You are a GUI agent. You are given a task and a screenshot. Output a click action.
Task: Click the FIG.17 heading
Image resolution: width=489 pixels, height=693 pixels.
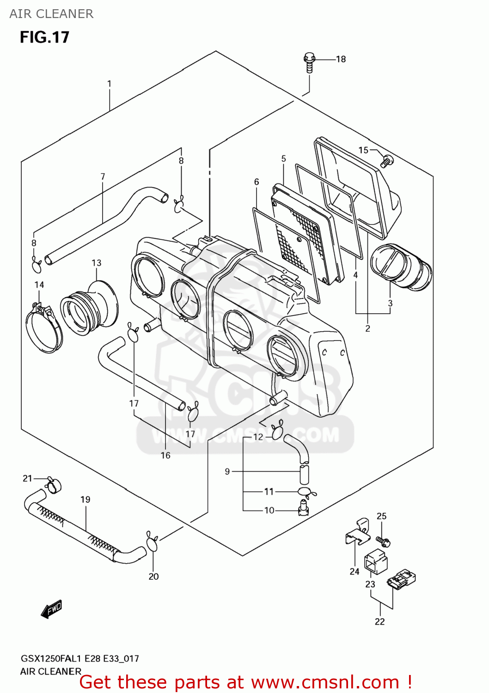pos(44,37)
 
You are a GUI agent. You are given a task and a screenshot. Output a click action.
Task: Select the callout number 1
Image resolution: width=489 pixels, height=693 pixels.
pos(109,84)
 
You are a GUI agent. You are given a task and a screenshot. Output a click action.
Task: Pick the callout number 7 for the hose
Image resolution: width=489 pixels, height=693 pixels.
pos(103,176)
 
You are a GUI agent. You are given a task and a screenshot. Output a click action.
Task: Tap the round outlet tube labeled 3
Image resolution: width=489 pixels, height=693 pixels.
pos(401,267)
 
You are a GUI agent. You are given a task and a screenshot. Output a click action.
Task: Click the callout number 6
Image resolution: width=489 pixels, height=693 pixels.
pos(257,182)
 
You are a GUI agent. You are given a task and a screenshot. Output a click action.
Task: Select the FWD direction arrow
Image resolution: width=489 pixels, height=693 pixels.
pos(51,609)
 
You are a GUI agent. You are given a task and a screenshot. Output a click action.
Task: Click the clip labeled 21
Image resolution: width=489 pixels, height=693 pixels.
pos(54,485)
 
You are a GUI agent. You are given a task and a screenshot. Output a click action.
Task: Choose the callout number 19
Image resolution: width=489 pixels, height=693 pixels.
pos(86,499)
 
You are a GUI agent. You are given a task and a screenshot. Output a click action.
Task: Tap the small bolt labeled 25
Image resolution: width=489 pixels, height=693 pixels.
pos(383,540)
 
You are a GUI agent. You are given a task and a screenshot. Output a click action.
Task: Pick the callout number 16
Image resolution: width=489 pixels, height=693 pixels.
pos(165,456)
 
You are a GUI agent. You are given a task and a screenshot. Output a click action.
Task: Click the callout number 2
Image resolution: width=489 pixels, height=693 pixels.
pos(367,328)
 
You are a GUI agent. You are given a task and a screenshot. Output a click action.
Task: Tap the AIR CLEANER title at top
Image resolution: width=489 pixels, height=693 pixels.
pos(51,14)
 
